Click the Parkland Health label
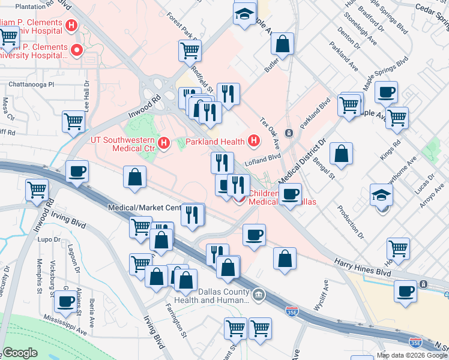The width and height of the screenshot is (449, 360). [215, 142]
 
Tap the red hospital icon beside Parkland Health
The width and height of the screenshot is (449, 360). [254, 142]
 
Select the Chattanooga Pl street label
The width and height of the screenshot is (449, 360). [27, 85]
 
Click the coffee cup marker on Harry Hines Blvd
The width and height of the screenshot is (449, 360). [406, 291]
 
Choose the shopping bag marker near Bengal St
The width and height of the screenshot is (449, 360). [341, 154]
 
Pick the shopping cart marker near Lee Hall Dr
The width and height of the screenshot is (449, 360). [73, 121]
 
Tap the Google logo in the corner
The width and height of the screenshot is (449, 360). [20, 352]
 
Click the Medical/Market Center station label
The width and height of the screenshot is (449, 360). [144, 208]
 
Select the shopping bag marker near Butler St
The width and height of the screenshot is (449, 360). [282, 44]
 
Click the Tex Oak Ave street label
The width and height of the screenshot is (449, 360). [271, 134]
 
